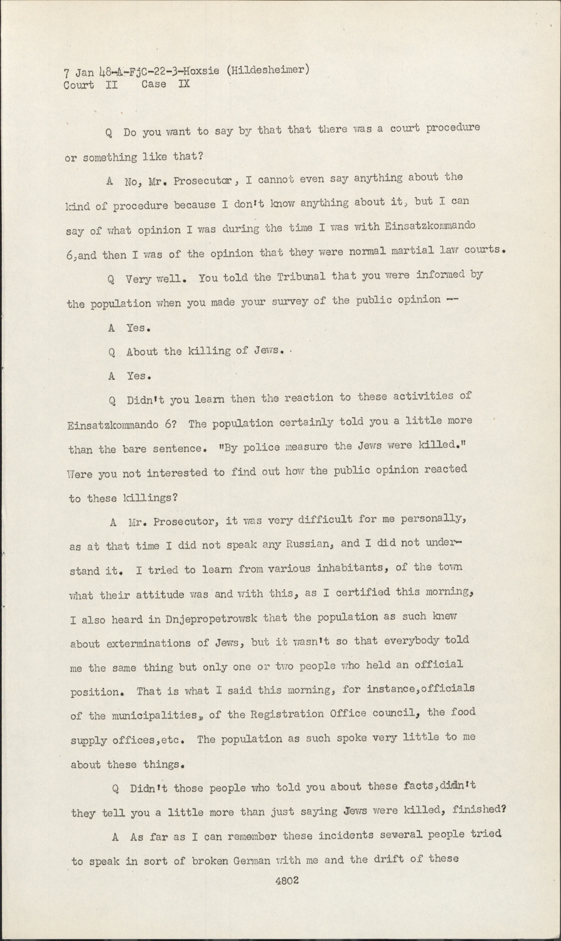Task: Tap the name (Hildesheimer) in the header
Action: coord(266,70)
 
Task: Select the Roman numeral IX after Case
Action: coord(184,83)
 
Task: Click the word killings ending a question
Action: coord(149,498)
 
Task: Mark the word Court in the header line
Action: coord(79,85)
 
